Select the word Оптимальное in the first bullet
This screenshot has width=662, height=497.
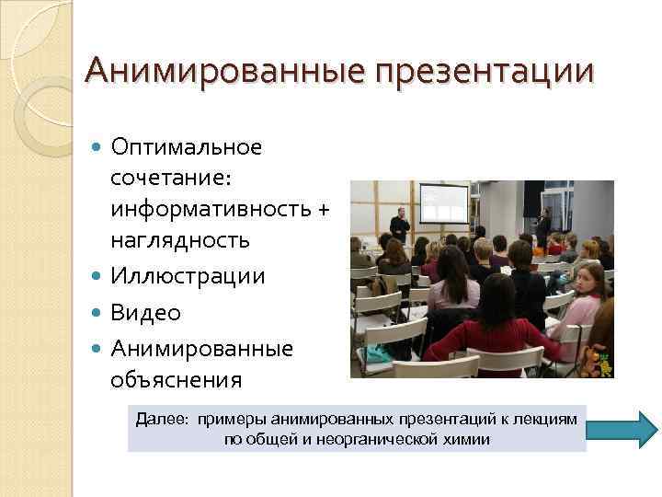click(x=186, y=147)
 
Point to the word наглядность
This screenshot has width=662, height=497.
click(x=179, y=241)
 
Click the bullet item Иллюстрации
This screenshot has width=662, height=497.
click(x=188, y=276)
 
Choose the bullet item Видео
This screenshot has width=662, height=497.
click(x=145, y=313)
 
